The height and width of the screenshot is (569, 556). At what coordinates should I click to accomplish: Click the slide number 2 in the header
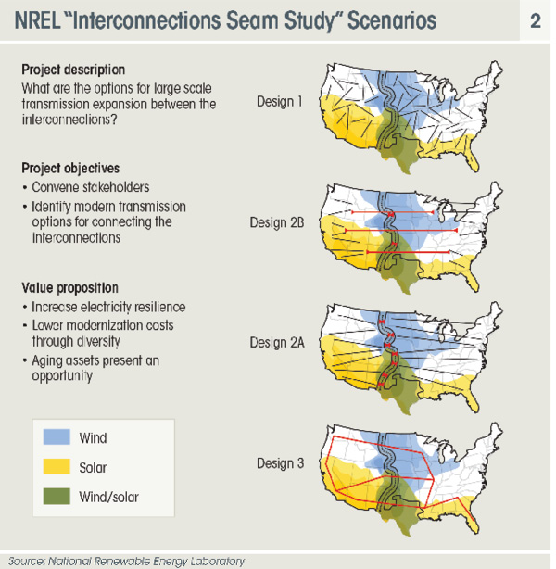[x=536, y=21]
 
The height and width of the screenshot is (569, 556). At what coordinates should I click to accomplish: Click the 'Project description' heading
[x=73, y=70]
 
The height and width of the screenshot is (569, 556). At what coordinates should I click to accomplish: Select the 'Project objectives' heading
[x=70, y=169]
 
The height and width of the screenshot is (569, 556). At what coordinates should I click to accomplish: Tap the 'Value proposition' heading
[x=70, y=288]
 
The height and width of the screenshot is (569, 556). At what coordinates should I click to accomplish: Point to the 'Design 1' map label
[x=280, y=102]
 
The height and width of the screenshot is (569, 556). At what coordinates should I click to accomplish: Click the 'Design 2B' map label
[x=277, y=222]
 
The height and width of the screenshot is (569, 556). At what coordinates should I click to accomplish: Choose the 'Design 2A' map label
[x=277, y=343]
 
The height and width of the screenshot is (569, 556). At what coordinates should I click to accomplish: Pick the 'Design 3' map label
[x=280, y=463]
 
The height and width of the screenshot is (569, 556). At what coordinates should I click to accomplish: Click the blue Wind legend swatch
[x=57, y=436]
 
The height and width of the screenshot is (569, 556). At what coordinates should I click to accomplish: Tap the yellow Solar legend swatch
[x=57, y=466]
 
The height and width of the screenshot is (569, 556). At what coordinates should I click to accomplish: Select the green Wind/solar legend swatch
[x=57, y=496]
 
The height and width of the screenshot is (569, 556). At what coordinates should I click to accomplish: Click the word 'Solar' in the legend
[x=93, y=467]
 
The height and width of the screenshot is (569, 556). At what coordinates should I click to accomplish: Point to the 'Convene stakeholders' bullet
[x=91, y=187]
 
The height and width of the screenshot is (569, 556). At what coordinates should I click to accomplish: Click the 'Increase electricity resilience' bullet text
[x=108, y=307]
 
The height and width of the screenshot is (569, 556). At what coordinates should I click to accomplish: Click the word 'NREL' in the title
[x=37, y=20]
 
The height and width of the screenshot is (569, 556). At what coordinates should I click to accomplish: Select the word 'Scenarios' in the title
[x=392, y=20]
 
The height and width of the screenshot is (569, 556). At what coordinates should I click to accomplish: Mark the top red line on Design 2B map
[x=392, y=212]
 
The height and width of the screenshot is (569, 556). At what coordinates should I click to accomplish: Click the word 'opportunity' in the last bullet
[x=62, y=376]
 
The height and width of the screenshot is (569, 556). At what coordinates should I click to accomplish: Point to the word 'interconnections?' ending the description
[x=69, y=120]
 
